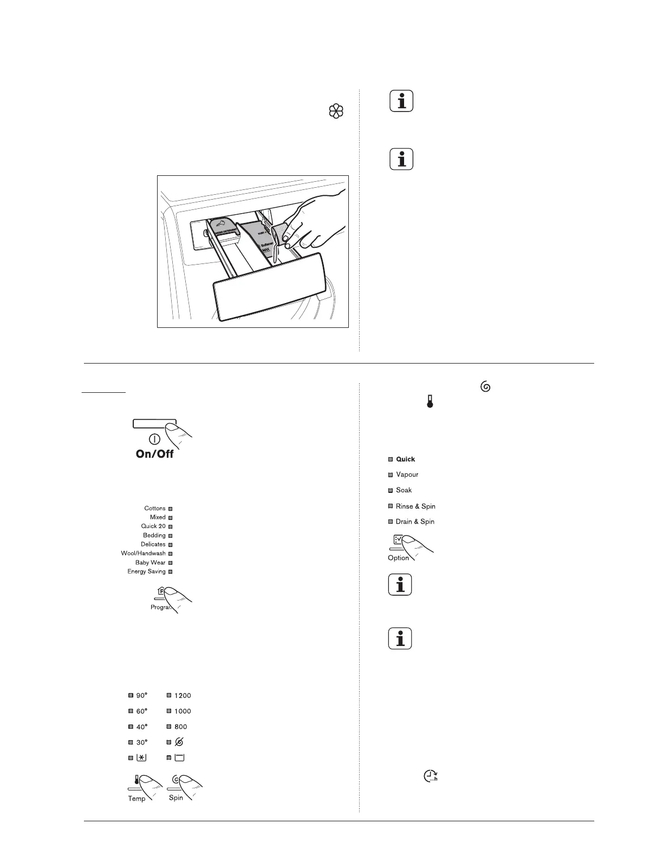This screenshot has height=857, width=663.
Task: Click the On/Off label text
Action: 154,453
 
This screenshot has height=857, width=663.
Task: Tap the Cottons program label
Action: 155,509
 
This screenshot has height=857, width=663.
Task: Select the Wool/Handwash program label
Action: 144,553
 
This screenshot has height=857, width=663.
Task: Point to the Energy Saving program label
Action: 146,571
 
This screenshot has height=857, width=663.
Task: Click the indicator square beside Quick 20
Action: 170,526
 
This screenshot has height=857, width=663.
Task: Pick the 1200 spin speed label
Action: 183,696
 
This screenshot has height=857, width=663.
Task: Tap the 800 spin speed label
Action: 181,727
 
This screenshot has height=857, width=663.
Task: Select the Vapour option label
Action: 407,474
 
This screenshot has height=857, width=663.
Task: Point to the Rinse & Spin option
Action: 415,506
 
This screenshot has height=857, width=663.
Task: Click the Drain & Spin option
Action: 415,522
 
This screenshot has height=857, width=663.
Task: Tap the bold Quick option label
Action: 405,459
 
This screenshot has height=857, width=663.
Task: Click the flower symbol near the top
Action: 336,112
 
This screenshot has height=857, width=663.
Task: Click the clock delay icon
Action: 429,776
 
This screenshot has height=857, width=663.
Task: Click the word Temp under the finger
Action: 136,799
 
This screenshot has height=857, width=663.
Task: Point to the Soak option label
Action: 404,490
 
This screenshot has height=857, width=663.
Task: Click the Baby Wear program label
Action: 150,563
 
